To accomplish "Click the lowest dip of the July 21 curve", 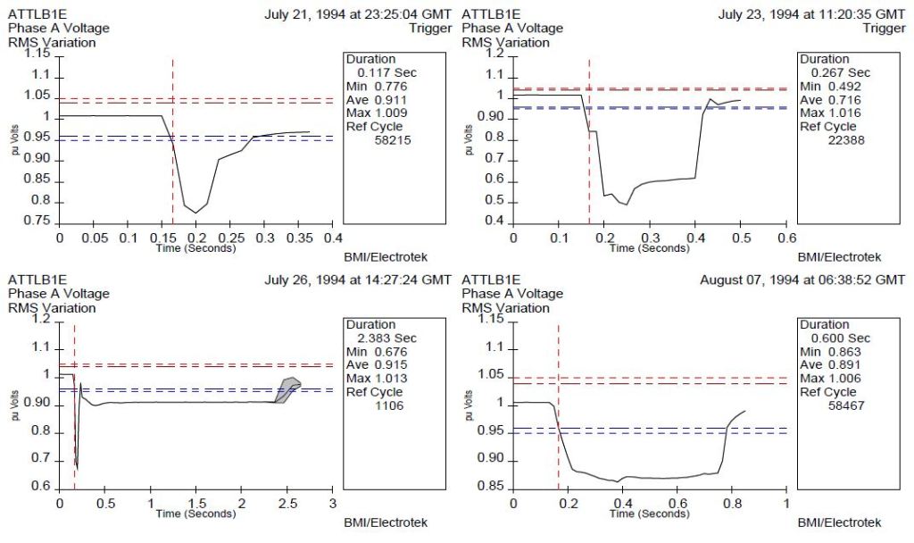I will coord(195,212).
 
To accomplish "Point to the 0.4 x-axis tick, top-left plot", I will coord(332,238).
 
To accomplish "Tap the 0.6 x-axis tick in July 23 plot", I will coord(785,238).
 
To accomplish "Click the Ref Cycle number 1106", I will coord(389,405).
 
